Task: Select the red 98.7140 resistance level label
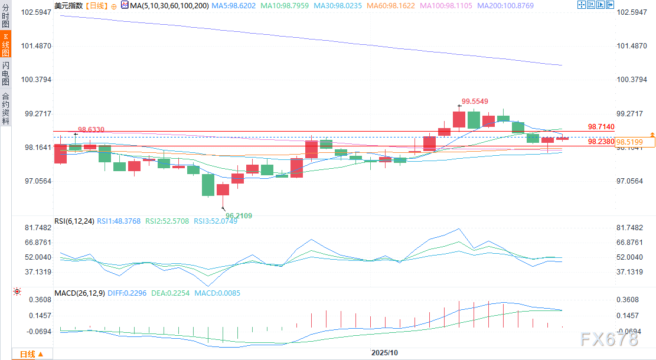(x=601, y=127)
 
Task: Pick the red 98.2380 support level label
(x=601, y=142)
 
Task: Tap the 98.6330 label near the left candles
(x=91, y=129)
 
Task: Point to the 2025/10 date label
(x=384, y=352)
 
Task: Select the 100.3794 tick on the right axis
(x=632, y=80)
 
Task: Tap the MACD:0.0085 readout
(x=219, y=293)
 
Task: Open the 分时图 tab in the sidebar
(x=5, y=15)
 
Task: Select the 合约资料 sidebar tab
(x=5, y=108)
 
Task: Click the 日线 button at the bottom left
(x=27, y=354)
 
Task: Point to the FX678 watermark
(x=609, y=339)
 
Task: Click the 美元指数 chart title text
(x=68, y=5)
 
